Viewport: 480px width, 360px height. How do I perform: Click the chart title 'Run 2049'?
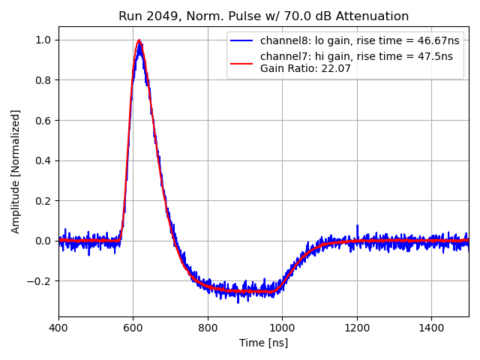(x=264, y=16)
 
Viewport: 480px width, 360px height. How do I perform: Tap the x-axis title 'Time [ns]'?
(x=264, y=343)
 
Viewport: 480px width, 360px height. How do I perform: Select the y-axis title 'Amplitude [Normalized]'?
(x=16, y=171)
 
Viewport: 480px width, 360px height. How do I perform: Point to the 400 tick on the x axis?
(x=59, y=328)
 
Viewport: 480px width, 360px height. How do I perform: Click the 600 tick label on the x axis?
(x=133, y=328)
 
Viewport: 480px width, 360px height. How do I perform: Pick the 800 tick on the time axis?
(x=208, y=328)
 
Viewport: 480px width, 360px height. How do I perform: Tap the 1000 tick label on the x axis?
(x=283, y=328)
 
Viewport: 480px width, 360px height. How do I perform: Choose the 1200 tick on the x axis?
(x=357, y=328)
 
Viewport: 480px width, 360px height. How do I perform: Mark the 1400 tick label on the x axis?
(x=431, y=328)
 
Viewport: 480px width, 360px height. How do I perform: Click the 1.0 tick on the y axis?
(x=43, y=40)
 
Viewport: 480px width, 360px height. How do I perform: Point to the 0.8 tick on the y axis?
(x=43, y=80)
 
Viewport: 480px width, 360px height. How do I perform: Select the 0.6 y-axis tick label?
(x=43, y=120)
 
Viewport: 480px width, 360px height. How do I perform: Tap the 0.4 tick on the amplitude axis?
(x=43, y=160)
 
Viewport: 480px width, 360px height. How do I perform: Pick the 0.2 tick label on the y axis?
(x=43, y=201)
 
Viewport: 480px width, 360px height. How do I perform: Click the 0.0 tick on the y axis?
(x=43, y=241)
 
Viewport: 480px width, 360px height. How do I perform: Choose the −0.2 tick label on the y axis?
(x=40, y=281)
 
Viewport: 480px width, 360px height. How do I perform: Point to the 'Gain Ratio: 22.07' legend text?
(x=305, y=69)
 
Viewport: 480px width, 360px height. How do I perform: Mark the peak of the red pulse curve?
(x=139, y=40)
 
